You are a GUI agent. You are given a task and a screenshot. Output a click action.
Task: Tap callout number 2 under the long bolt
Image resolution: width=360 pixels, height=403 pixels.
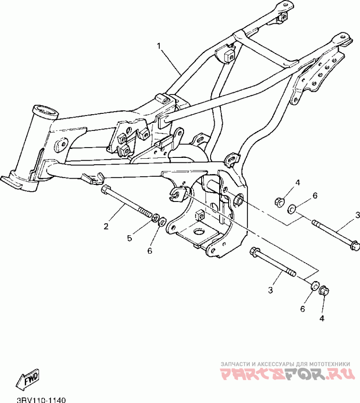[x=106, y=226]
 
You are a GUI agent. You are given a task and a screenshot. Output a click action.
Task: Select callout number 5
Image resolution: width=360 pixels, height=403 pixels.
[x=130, y=238]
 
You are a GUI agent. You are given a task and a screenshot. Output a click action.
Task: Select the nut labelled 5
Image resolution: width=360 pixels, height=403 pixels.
[x=154, y=219]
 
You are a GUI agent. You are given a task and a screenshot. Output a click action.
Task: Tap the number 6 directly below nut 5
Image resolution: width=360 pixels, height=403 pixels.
[x=150, y=251]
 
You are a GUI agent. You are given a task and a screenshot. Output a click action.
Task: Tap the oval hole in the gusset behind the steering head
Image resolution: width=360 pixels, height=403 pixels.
[x=61, y=144]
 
